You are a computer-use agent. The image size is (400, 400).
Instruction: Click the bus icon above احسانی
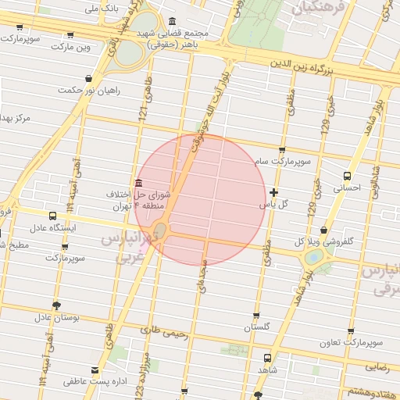pyautogui.click(x=348, y=176)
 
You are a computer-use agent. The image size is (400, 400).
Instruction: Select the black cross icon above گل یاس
pyautogui.click(x=273, y=192)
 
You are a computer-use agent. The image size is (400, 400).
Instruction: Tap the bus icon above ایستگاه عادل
pyautogui.click(x=52, y=216)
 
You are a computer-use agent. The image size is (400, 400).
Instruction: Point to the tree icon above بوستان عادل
pyautogui.click(x=55, y=305)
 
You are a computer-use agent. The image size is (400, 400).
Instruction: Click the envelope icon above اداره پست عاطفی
pyautogui.click(x=95, y=370)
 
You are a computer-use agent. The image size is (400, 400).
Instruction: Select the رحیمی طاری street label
pyautogui.click(x=165, y=332)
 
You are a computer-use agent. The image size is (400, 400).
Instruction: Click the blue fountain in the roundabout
pyautogui.click(x=313, y=256)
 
